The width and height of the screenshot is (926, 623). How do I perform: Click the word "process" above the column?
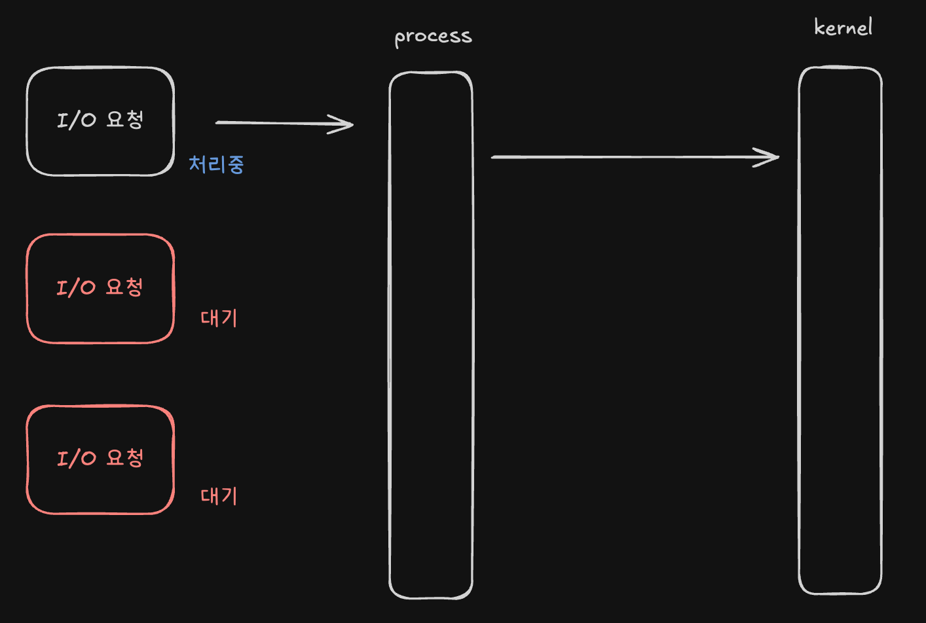pyautogui.click(x=433, y=37)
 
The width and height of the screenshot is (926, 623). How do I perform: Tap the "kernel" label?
pyautogui.click(x=843, y=27)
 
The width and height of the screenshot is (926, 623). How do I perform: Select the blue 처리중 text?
pyautogui.click(x=216, y=164)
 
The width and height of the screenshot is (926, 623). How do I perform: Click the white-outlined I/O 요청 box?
pyautogui.click(x=100, y=122)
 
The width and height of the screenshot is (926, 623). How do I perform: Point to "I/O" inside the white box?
pyautogui.click(x=76, y=120)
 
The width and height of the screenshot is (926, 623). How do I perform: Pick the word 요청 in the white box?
pyautogui.click(x=124, y=119)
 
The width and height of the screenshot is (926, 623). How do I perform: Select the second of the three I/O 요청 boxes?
pyautogui.click(x=100, y=289)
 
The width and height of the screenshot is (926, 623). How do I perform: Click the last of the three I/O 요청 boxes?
pyautogui.click(x=100, y=459)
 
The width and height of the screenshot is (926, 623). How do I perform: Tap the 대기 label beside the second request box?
pyautogui.click(x=219, y=318)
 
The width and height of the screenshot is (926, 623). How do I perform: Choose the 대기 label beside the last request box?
pyautogui.click(x=219, y=496)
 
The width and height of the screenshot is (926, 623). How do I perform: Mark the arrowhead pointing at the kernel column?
pyautogui.click(x=768, y=157)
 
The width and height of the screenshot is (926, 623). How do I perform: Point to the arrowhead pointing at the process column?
pyautogui.click(x=342, y=124)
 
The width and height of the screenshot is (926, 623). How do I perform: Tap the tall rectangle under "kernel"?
pyautogui.click(x=840, y=330)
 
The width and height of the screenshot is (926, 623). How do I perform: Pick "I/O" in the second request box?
pyautogui.click(x=76, y=288)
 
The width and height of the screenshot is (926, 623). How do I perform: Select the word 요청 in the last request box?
pyautogui.click(x=124, y=457)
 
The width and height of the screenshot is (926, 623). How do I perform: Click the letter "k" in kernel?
pyautogui.click(x=819, y=27)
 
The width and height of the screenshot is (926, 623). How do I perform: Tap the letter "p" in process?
pyautogui.click(x=399, y=39)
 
